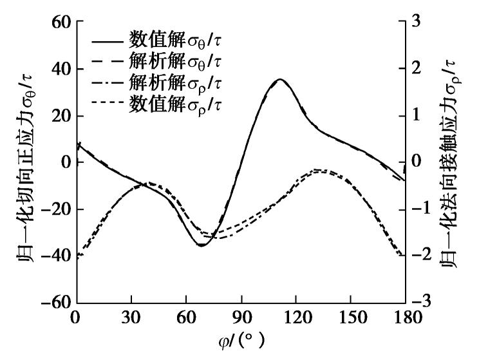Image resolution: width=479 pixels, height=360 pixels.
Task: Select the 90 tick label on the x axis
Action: [241, 318]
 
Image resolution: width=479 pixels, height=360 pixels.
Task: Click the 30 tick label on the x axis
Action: [131, 318]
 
